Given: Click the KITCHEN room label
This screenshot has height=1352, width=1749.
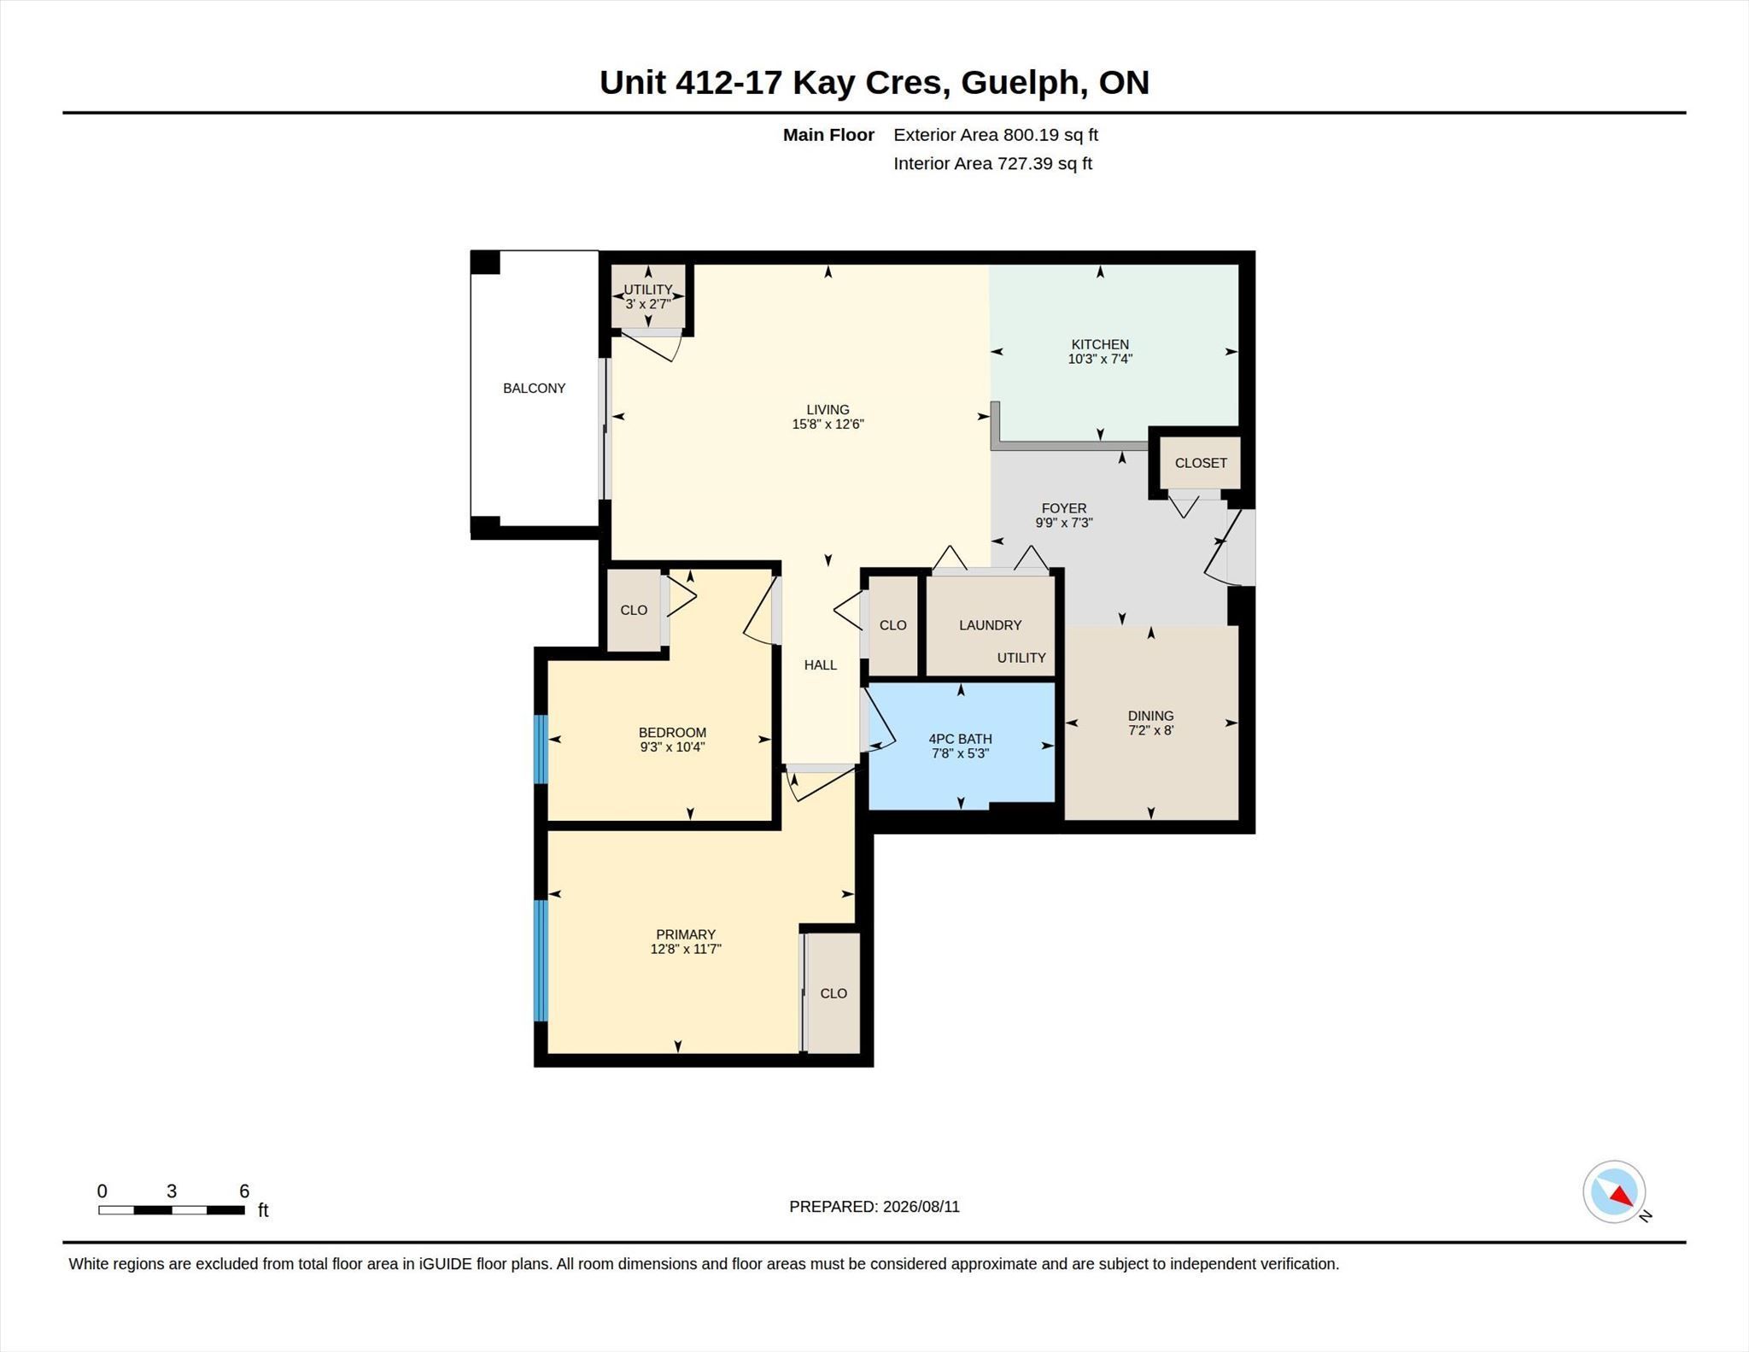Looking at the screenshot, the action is click(x=1100, y=344).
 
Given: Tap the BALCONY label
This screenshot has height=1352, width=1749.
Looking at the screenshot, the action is click(x=534, y=388).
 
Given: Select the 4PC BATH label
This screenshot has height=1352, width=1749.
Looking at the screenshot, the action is click(x=960, y=739).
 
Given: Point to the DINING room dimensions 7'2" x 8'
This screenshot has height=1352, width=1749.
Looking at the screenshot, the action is click(x=1150, y=730).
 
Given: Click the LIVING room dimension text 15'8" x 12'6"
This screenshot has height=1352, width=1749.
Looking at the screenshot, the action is click(x=828, y=424).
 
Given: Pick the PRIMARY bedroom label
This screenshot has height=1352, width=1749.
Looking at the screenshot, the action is click(x=686, y=934).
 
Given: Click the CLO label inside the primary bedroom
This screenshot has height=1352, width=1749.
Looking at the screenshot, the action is click(x=834, y=993).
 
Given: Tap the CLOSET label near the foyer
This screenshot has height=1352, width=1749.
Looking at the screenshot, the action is click(x=1201, y=463).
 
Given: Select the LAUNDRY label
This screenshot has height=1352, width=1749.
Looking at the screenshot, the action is click(x=990, y=625).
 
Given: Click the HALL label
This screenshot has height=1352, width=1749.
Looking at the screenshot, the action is click(x=820, y=665).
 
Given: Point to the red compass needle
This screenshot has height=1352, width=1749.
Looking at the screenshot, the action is click(x=1623, y=1197).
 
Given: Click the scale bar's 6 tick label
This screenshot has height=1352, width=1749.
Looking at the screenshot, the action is click(x=244, y=1191).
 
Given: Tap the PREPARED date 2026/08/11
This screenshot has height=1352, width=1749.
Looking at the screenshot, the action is click(x=921, y=1207).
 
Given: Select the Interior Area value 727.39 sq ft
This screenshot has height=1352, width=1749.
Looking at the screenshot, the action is click(x=1044, y=164).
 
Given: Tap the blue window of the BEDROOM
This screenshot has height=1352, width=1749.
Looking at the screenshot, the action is click(x=541, y=749).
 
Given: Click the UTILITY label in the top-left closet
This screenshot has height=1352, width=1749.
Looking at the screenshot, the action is click(x=647, y=290).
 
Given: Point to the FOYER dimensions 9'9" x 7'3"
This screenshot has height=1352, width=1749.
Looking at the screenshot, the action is click(x=1064, y=523).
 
